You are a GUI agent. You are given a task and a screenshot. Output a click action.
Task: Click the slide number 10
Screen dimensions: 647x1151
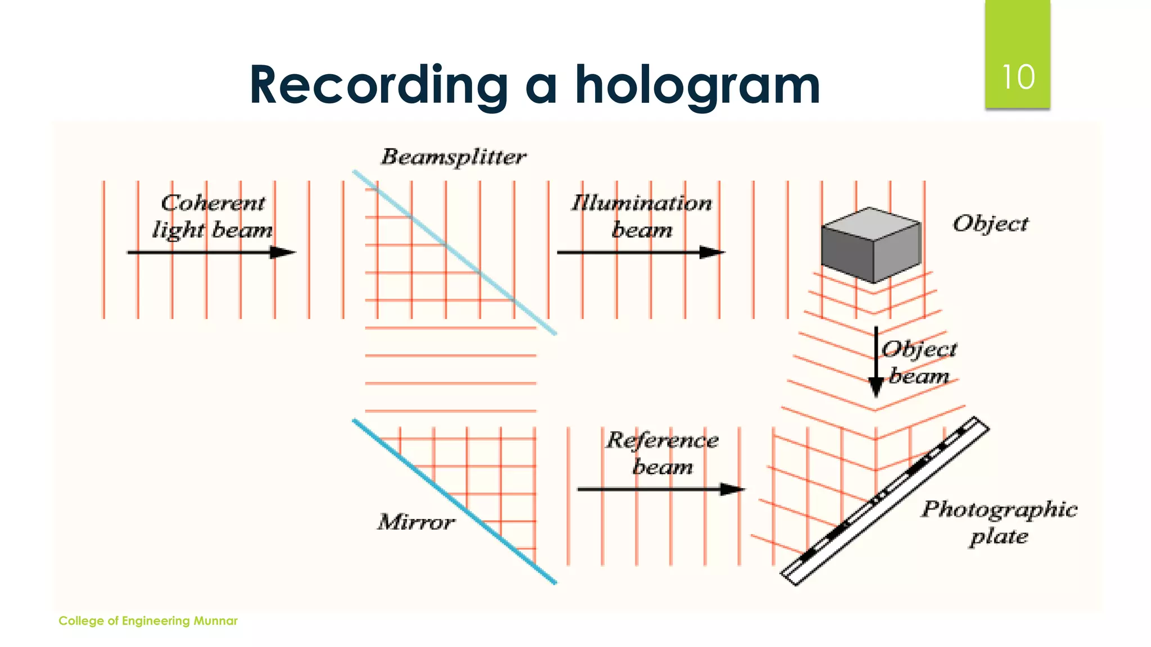point(1018,78)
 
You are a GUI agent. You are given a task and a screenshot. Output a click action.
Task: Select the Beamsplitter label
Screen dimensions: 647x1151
point(454,157)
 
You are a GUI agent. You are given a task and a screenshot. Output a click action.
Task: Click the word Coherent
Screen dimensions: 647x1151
point(213,203)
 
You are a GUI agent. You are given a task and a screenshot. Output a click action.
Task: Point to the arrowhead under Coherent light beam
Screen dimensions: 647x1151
point(283,253)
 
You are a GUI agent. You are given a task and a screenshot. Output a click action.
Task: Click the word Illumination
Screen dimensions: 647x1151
point(641,203)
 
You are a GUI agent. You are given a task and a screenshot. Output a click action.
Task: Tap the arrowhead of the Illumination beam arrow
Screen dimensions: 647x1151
point(712,253)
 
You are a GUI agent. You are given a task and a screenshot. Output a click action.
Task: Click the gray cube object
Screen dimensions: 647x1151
point(871,245)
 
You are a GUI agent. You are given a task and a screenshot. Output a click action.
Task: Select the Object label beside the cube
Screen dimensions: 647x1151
point(991,224)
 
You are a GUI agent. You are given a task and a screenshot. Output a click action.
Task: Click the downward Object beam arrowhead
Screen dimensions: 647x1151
point(876,387)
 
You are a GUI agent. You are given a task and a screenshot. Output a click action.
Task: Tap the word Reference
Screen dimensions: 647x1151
point(661,440)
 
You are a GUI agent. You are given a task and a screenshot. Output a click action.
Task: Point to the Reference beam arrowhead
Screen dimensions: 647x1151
point(732,489)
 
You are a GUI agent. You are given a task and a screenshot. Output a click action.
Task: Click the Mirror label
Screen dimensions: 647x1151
point(415,522)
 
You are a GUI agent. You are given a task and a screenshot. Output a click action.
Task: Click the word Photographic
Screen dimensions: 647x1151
point(999,509)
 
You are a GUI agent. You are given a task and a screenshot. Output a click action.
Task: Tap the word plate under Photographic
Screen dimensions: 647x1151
point(999,536)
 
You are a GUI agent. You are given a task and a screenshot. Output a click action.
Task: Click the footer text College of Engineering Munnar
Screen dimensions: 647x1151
point(148,621)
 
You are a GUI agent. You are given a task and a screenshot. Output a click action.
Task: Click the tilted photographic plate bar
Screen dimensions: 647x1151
point(885,502)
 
